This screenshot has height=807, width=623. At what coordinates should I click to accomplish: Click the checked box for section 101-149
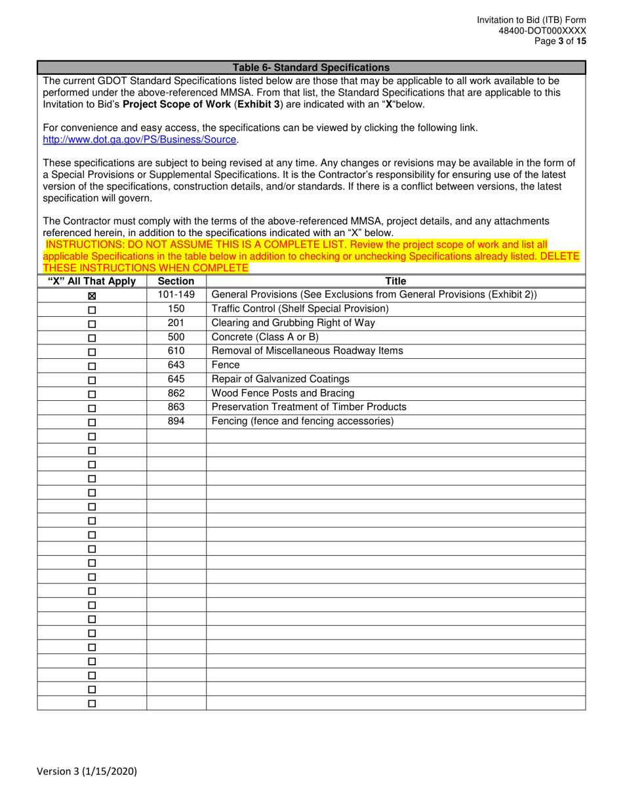click(x=92, y=296)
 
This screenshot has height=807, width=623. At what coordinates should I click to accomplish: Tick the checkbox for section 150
click(x=92, y=310)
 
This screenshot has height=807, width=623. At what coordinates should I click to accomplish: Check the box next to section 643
click(x=92, y=366)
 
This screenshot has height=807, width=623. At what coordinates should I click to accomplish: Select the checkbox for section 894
click(x=92, y=423)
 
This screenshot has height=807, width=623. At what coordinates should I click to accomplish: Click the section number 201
click(x=176, y=322)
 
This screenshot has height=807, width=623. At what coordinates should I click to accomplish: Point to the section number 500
click(x=176, y=337)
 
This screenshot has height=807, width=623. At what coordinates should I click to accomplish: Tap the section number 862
click(x=176, y=393)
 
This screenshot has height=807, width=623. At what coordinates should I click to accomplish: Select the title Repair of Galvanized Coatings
click(x=281, y=379)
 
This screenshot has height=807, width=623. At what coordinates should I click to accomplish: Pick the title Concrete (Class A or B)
click(x=264, y=337)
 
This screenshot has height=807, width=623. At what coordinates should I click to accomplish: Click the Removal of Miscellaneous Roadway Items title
click(x=307, y=350)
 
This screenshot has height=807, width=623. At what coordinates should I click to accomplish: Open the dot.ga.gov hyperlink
click(x=139, y=140)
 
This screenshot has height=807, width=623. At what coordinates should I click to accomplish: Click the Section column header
click(x=176, y=281)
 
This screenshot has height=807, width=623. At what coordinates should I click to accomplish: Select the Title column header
click(x=395, y=281)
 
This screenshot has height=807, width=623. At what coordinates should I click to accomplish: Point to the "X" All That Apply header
click(x=92, y=281)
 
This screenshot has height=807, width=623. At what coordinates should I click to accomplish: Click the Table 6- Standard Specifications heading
click(x=311, y=67)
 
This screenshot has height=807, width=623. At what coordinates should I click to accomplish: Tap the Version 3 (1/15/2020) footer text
click(x=92, y=772)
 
